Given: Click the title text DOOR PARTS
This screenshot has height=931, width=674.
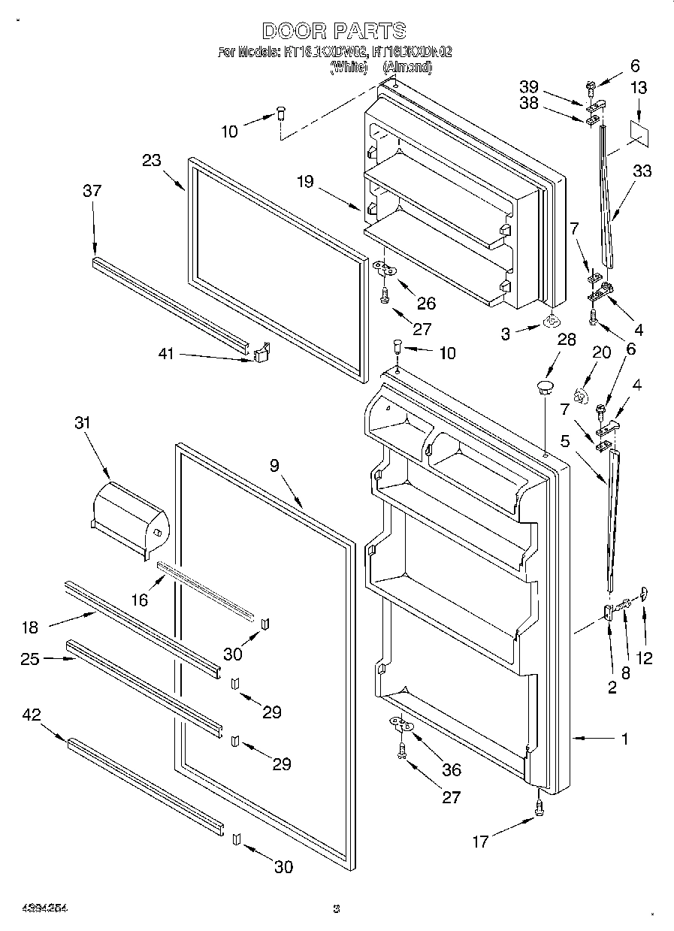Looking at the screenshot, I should [x=335, y=31].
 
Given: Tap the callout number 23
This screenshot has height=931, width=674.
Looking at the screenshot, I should [x=152, y=160].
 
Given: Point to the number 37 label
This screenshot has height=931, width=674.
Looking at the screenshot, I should [x=92, y=192].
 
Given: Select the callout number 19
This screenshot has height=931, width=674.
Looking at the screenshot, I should [x=304, y=181].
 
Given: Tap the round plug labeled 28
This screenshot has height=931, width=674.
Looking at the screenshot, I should [x=544, y=388].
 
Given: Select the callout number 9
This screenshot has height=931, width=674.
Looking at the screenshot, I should [x=274, y=466].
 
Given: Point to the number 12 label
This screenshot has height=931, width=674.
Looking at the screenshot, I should [x=643, y=658].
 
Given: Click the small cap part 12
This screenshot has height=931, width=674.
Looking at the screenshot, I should [x=645, y=595].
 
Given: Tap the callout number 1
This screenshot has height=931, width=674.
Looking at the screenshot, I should [x=624, y=739].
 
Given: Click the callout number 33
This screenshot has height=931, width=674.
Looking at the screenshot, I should [x=642, y=171].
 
